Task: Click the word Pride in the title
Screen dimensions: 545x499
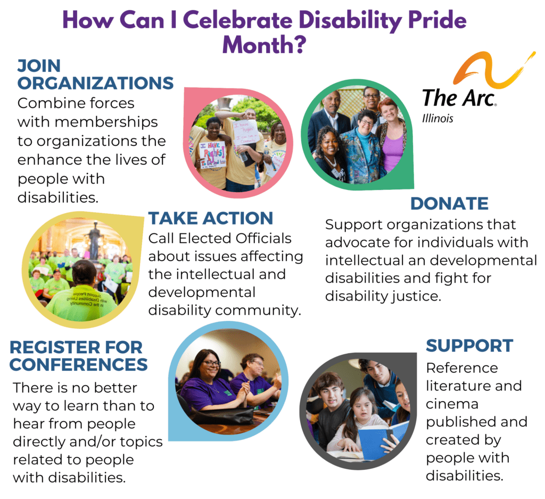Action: (437, 20)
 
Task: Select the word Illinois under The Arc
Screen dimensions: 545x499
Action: (437, 119)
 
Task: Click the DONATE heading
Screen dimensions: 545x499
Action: (449, 204)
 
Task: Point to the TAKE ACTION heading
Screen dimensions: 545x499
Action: (211, 218)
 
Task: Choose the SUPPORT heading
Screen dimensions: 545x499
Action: (469, 346)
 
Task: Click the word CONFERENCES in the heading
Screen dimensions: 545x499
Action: (79, 364)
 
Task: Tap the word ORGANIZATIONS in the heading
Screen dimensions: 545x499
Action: (96, 83)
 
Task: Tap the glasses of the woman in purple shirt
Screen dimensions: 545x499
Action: (211, 363)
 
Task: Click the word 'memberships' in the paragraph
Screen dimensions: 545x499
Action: (106, 122)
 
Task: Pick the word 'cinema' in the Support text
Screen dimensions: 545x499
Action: (452, 404)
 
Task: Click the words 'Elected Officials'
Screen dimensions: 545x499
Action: (235, 238)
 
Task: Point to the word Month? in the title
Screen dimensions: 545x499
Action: (265, 45)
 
